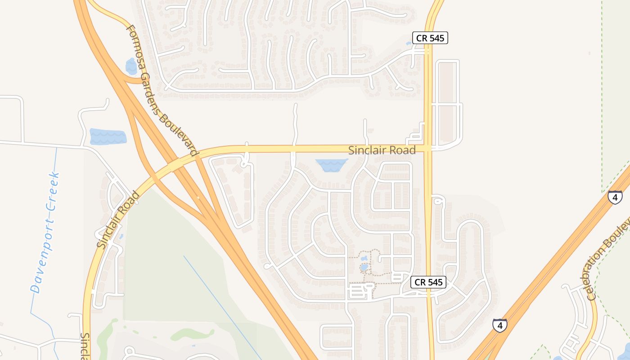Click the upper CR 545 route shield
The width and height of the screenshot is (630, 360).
tap(431, 38)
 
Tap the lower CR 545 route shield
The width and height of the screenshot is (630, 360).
tap(428, 282)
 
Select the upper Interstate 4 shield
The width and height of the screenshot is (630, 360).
tap(615, 197)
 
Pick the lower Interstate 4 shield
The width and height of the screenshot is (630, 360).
tap(499, 325)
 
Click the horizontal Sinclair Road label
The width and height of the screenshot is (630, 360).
tap(382, 150)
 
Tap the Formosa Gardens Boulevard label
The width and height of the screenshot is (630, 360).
tap(162, 90)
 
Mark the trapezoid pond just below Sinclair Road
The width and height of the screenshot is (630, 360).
tap(331, 165)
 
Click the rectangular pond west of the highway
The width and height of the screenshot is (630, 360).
tap(108, 136)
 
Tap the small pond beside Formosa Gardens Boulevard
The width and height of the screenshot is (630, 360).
tap(131, 66)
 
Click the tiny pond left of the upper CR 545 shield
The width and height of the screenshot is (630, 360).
tap(409, 44)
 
